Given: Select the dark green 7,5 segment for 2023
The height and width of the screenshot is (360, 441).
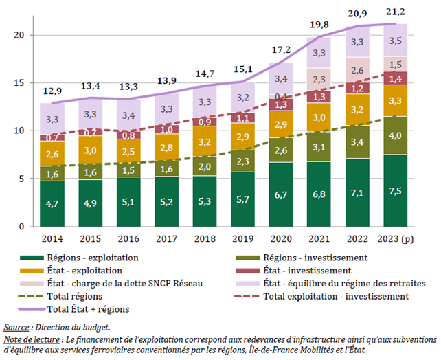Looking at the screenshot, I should click(396, 190).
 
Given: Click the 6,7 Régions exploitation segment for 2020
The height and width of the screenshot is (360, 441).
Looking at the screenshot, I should click(280, 194).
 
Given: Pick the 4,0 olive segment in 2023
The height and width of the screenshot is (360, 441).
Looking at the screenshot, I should click(396, 136).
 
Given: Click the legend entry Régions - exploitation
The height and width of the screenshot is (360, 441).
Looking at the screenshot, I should click(93, 258).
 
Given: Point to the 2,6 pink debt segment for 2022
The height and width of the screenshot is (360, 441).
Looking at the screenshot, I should click(357, 70).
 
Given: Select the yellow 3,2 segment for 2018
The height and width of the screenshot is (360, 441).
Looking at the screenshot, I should click(205, 142).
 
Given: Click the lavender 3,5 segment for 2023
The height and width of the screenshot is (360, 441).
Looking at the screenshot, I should click(396, 41).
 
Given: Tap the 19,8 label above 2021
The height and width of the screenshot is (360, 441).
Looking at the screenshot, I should click(319, 25).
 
